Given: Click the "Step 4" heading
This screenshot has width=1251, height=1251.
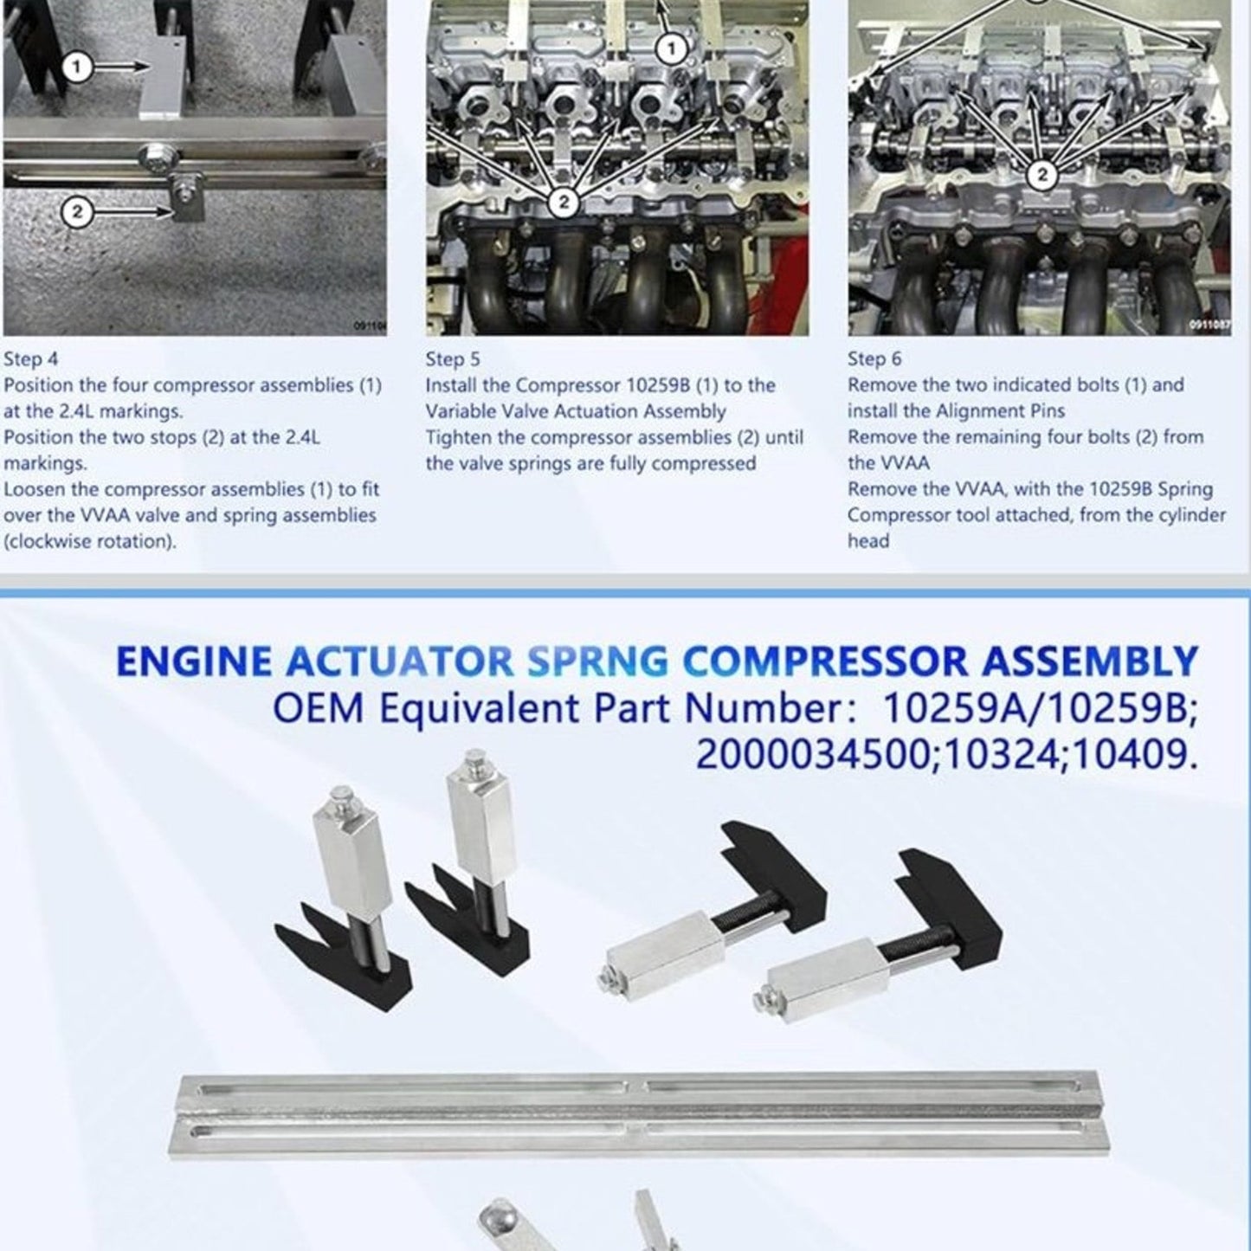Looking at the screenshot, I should [x=31, y=359].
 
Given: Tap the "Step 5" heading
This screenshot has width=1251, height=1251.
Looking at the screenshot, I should [x=452, y=359].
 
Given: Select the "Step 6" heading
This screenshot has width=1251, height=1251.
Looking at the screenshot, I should [x=874, y=359].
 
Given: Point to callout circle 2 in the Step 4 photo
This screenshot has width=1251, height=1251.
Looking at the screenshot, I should [x=77, y=210].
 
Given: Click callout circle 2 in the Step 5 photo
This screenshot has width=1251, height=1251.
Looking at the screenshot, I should [x=564, y=202].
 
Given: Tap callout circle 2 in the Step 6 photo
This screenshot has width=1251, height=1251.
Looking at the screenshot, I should [x=1041, y=175].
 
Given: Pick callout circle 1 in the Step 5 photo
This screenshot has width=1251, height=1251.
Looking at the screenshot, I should [x=672, y=48].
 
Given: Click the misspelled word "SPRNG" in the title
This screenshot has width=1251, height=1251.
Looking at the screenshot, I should [x=597, y=662].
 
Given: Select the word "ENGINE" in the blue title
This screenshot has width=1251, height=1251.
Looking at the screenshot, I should [x=194, y=662].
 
